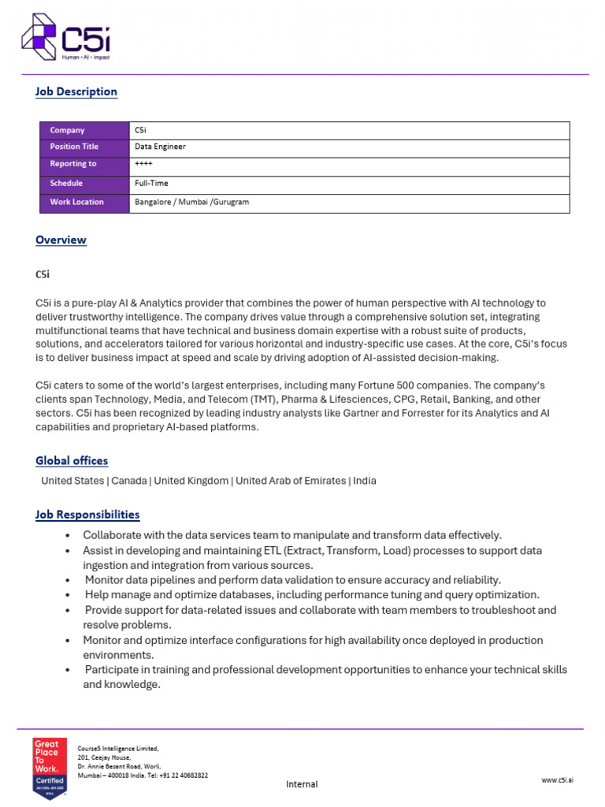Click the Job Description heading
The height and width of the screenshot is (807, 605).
76,91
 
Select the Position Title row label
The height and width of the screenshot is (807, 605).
74,147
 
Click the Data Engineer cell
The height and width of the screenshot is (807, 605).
161,147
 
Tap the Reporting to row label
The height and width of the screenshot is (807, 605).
72,164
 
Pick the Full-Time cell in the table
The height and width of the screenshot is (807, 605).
151,183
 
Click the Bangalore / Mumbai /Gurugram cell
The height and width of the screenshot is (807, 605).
191,202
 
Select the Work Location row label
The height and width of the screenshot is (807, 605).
76,202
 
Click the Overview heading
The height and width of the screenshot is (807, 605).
61,240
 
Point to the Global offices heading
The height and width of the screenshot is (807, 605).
72,460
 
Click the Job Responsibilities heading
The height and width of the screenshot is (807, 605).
87,515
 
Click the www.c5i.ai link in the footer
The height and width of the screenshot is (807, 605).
557,779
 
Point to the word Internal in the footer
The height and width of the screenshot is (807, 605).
302,784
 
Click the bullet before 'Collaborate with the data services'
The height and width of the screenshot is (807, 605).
69,536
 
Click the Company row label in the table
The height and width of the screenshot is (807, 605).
67,130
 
